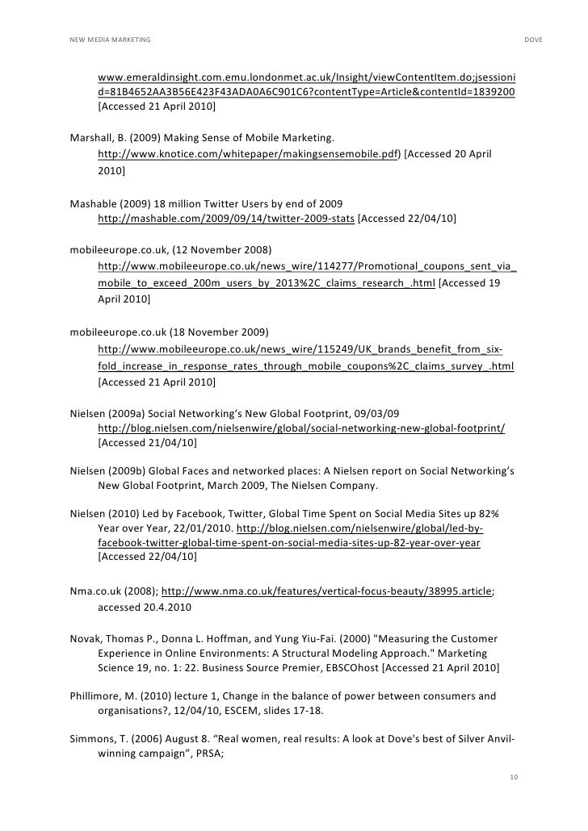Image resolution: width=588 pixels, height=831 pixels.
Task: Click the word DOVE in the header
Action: click(x=533, y=40)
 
